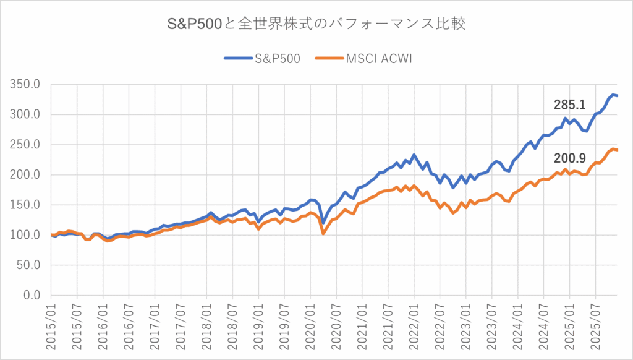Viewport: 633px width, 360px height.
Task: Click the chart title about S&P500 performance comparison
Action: tap(316, 25)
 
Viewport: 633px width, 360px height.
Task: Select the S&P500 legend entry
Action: tap(261, 59)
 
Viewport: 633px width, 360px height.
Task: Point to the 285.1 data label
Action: tap(569, 105)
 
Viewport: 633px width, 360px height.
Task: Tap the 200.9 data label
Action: tap(569, 160)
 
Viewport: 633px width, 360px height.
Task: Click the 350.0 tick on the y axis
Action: tap(25, 84)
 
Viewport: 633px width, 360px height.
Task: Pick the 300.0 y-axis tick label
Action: tap(25, 114)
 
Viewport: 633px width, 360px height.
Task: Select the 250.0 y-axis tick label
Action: tap(25, 145)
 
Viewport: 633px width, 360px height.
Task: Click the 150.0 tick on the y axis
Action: tap(25, 205)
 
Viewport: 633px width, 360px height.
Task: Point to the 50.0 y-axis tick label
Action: tap(28, 265)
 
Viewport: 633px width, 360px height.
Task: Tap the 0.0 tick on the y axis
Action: tap(31, 296)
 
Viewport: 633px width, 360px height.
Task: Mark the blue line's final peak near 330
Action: tap(614, 95)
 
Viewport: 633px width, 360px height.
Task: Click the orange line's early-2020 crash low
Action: tap(323, 233)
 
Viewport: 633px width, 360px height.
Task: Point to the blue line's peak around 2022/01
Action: tap(414, 155)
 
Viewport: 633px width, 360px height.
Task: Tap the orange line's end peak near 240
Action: tap(613, 149)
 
